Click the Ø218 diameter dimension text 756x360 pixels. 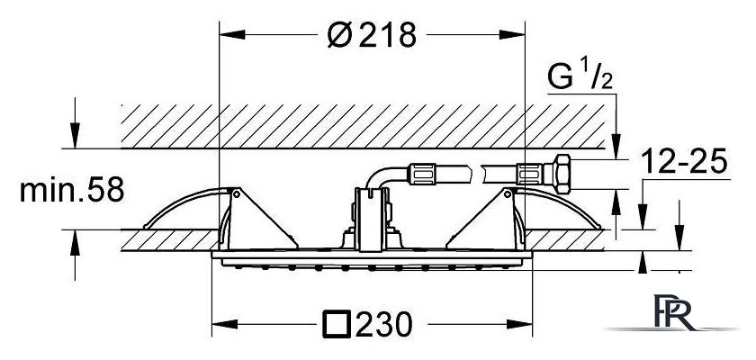pos(371,35)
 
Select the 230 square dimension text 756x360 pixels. pos(367,324)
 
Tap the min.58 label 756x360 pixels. pos(72,190)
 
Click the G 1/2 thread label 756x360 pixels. pos(580,77)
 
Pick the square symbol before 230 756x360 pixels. pos(336,324)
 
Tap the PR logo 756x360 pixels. pos(671,313)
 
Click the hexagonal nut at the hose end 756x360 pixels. pos(561,174)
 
